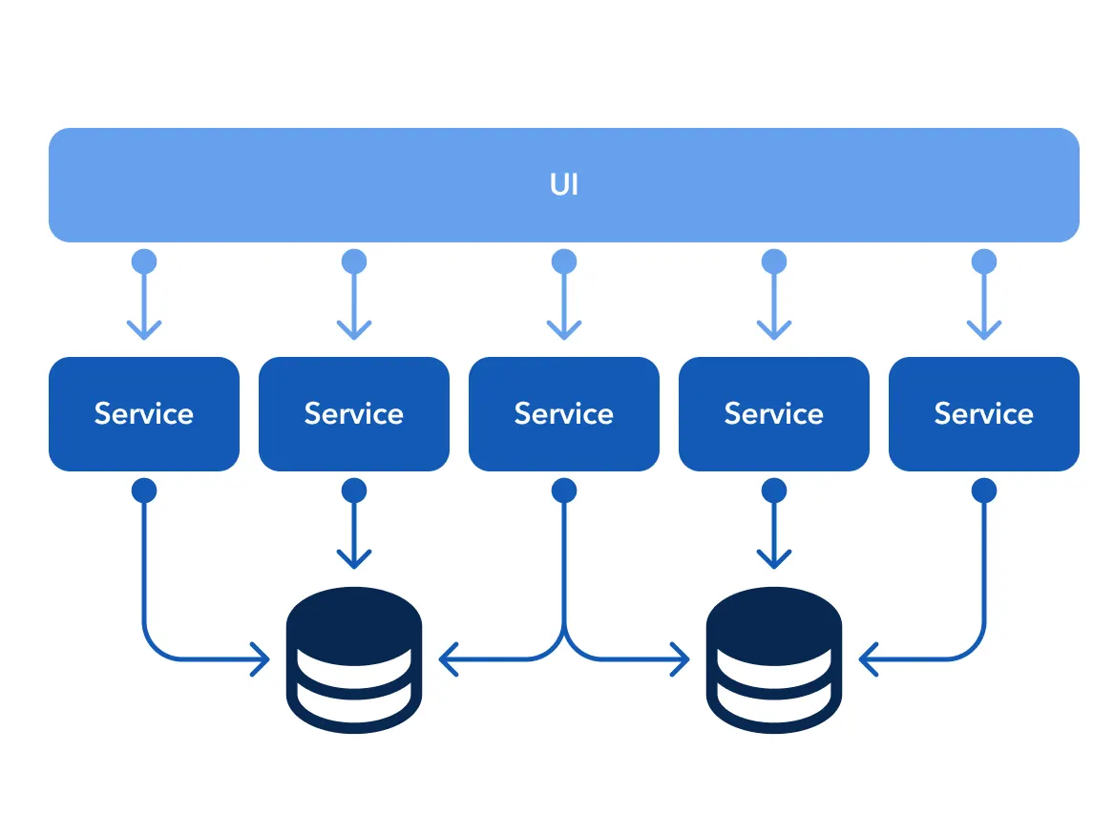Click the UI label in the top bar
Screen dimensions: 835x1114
click(x=563, y=184)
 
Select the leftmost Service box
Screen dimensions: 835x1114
click(x=144, y=413)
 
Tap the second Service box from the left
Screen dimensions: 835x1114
click(x=354, y=413)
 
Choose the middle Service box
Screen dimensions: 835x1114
click(x=564, y=413)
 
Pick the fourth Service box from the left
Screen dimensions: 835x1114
click(x=774, y=413)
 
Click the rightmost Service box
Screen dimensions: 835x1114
click(x=984, y=413)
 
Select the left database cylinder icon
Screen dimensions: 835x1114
click(x=354, y=658)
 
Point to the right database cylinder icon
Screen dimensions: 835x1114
click(x=774, y=658)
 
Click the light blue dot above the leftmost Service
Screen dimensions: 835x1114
click(x=144, y=261)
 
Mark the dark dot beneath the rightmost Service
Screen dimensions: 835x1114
click(x=984, y=491)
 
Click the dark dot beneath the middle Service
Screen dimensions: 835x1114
click(x=564, y=491)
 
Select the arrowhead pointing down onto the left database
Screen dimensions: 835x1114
click(x=354, y=559)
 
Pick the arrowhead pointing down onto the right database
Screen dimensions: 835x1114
click(x=774, y=559)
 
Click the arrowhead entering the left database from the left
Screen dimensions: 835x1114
click(x=261, y=658)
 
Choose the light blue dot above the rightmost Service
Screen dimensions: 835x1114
click(x=984, y=261)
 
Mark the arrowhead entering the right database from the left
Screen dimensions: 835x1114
click(x=680, y=658)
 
